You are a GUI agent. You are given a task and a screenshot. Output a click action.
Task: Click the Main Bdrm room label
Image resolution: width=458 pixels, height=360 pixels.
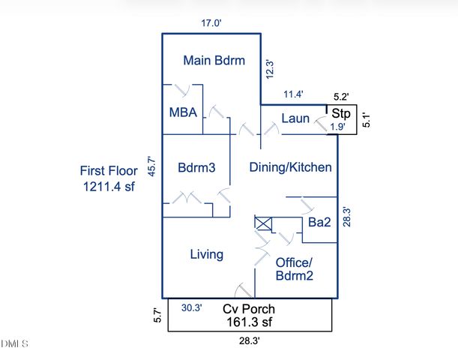click(x=214, y=61)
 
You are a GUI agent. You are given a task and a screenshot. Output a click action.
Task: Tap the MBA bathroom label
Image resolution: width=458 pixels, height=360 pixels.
click(x=183, y=113)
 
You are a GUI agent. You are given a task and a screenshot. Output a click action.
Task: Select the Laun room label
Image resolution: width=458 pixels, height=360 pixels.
click(x=295, y=118)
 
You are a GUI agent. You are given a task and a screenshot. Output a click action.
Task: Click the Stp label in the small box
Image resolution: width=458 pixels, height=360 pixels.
click(x=341, y=114)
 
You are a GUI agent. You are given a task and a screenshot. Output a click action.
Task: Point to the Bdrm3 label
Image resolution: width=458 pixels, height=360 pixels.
click(x=196, y=168)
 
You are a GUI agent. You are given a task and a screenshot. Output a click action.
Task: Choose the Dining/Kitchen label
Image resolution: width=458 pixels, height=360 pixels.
click(x=290, y=167)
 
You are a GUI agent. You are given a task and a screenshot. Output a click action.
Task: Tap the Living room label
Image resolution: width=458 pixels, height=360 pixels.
click(x=206, y=254)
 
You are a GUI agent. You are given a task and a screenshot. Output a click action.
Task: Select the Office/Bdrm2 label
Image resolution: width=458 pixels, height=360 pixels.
click(x=294, y=268)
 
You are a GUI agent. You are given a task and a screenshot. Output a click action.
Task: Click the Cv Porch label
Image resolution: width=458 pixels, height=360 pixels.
click(x=250, y=309)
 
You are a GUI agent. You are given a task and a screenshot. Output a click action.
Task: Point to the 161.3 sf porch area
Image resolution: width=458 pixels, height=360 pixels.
click(x=250, y=322)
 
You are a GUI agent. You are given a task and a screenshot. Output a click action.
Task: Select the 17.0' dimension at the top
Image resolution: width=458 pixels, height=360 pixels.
click(x=211, y=23)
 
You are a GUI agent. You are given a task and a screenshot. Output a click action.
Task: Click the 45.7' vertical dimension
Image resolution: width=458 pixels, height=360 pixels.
click(x=151, y=165)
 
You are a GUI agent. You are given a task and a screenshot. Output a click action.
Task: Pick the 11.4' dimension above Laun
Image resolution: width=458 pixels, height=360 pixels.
click(x=294, y=94)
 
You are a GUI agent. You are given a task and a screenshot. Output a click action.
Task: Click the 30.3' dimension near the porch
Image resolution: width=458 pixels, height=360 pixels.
click(x=193, y=307)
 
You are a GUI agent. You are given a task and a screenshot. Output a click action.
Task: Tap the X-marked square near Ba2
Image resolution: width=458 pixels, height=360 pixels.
click(x=264, y=223)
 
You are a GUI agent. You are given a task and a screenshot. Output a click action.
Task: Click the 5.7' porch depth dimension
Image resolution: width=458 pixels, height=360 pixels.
click(x=157, y=315)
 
